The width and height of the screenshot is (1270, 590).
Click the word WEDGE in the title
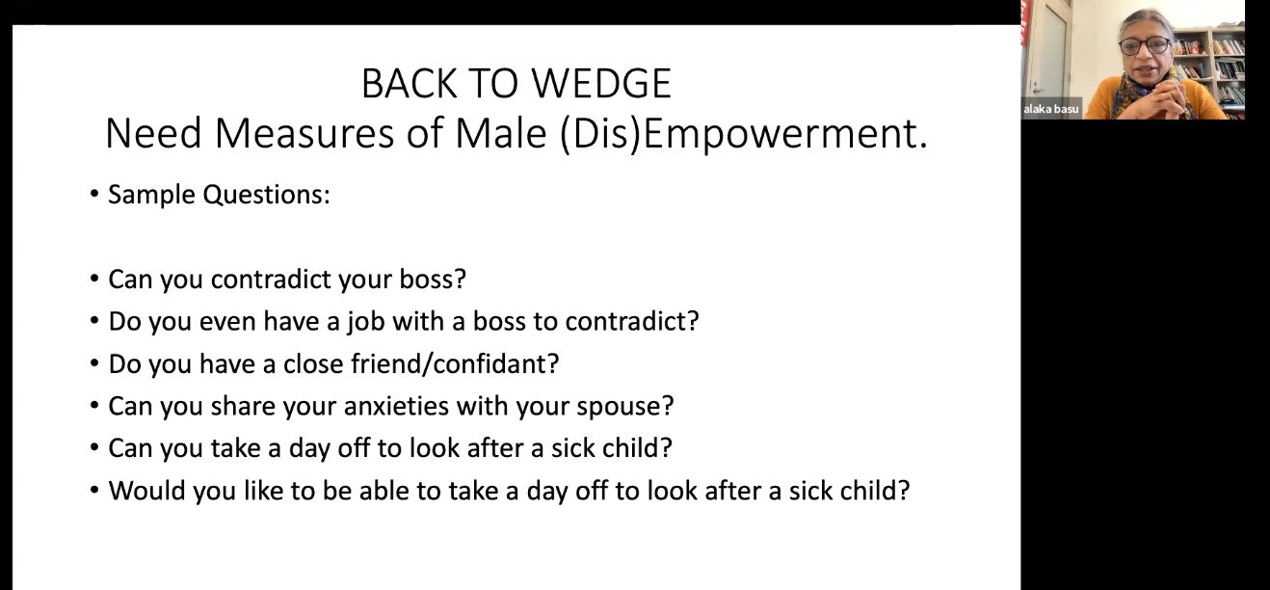601,84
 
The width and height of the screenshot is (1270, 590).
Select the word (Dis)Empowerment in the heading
743,134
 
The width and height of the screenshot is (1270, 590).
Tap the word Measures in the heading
304,134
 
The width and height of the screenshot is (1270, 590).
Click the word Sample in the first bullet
151,195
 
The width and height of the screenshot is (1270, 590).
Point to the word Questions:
267,195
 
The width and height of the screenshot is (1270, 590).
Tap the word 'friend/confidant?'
455,364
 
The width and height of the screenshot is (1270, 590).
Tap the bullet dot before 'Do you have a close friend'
94,363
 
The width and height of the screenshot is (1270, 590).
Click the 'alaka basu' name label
1051,109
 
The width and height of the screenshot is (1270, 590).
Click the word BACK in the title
409,84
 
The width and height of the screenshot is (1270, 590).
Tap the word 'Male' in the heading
501,134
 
